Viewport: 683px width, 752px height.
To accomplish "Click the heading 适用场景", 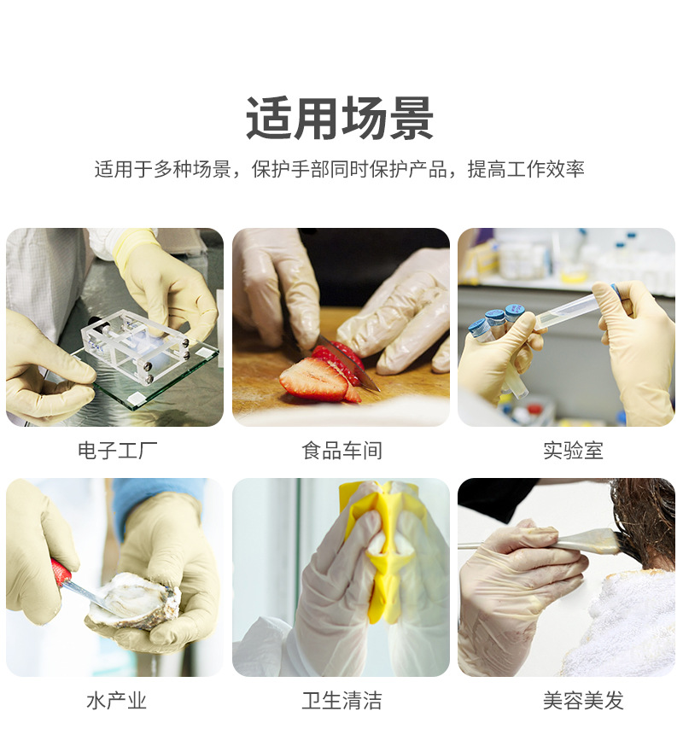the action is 340,118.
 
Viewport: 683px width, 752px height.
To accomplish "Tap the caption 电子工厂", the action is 118,451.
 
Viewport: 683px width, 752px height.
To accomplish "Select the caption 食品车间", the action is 341,451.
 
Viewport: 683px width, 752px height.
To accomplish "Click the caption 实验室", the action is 573,451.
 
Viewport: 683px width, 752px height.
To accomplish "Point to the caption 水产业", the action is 117,701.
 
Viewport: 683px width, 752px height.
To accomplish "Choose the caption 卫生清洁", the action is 341,701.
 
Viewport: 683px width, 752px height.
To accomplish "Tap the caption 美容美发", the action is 583,701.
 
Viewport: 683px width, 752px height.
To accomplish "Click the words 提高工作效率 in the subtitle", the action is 526,169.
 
